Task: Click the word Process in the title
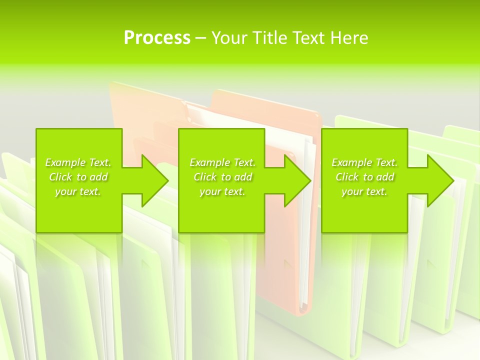click(x=157, y=38)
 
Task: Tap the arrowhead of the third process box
click(x=439, y=180)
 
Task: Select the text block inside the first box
click(x=78, y=177)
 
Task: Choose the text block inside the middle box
click(x=222, y=177)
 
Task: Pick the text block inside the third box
click(x=364, y=177)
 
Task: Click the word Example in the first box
click(x=65, y=162)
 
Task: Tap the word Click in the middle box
click(x=204, y=177)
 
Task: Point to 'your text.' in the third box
click(x=364, y=191)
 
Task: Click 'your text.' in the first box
click(x=78, y=191)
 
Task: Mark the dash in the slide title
click(x=200, y=38)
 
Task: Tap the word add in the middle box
click(x=243, y=177)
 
